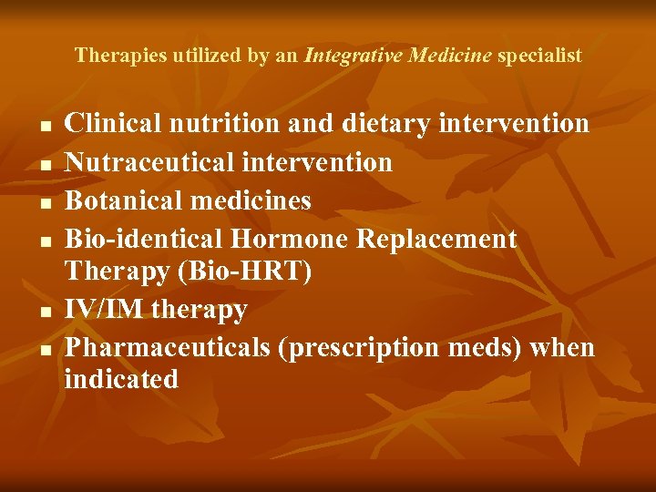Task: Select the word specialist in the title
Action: pyautogui.click(x=539, y=56)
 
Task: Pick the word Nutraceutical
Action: pyautogui.click(x=149, y=162)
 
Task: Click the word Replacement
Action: pyautogui.click(x=436, y=240)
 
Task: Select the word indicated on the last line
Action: pyautogui.click(x=121, y=379)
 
